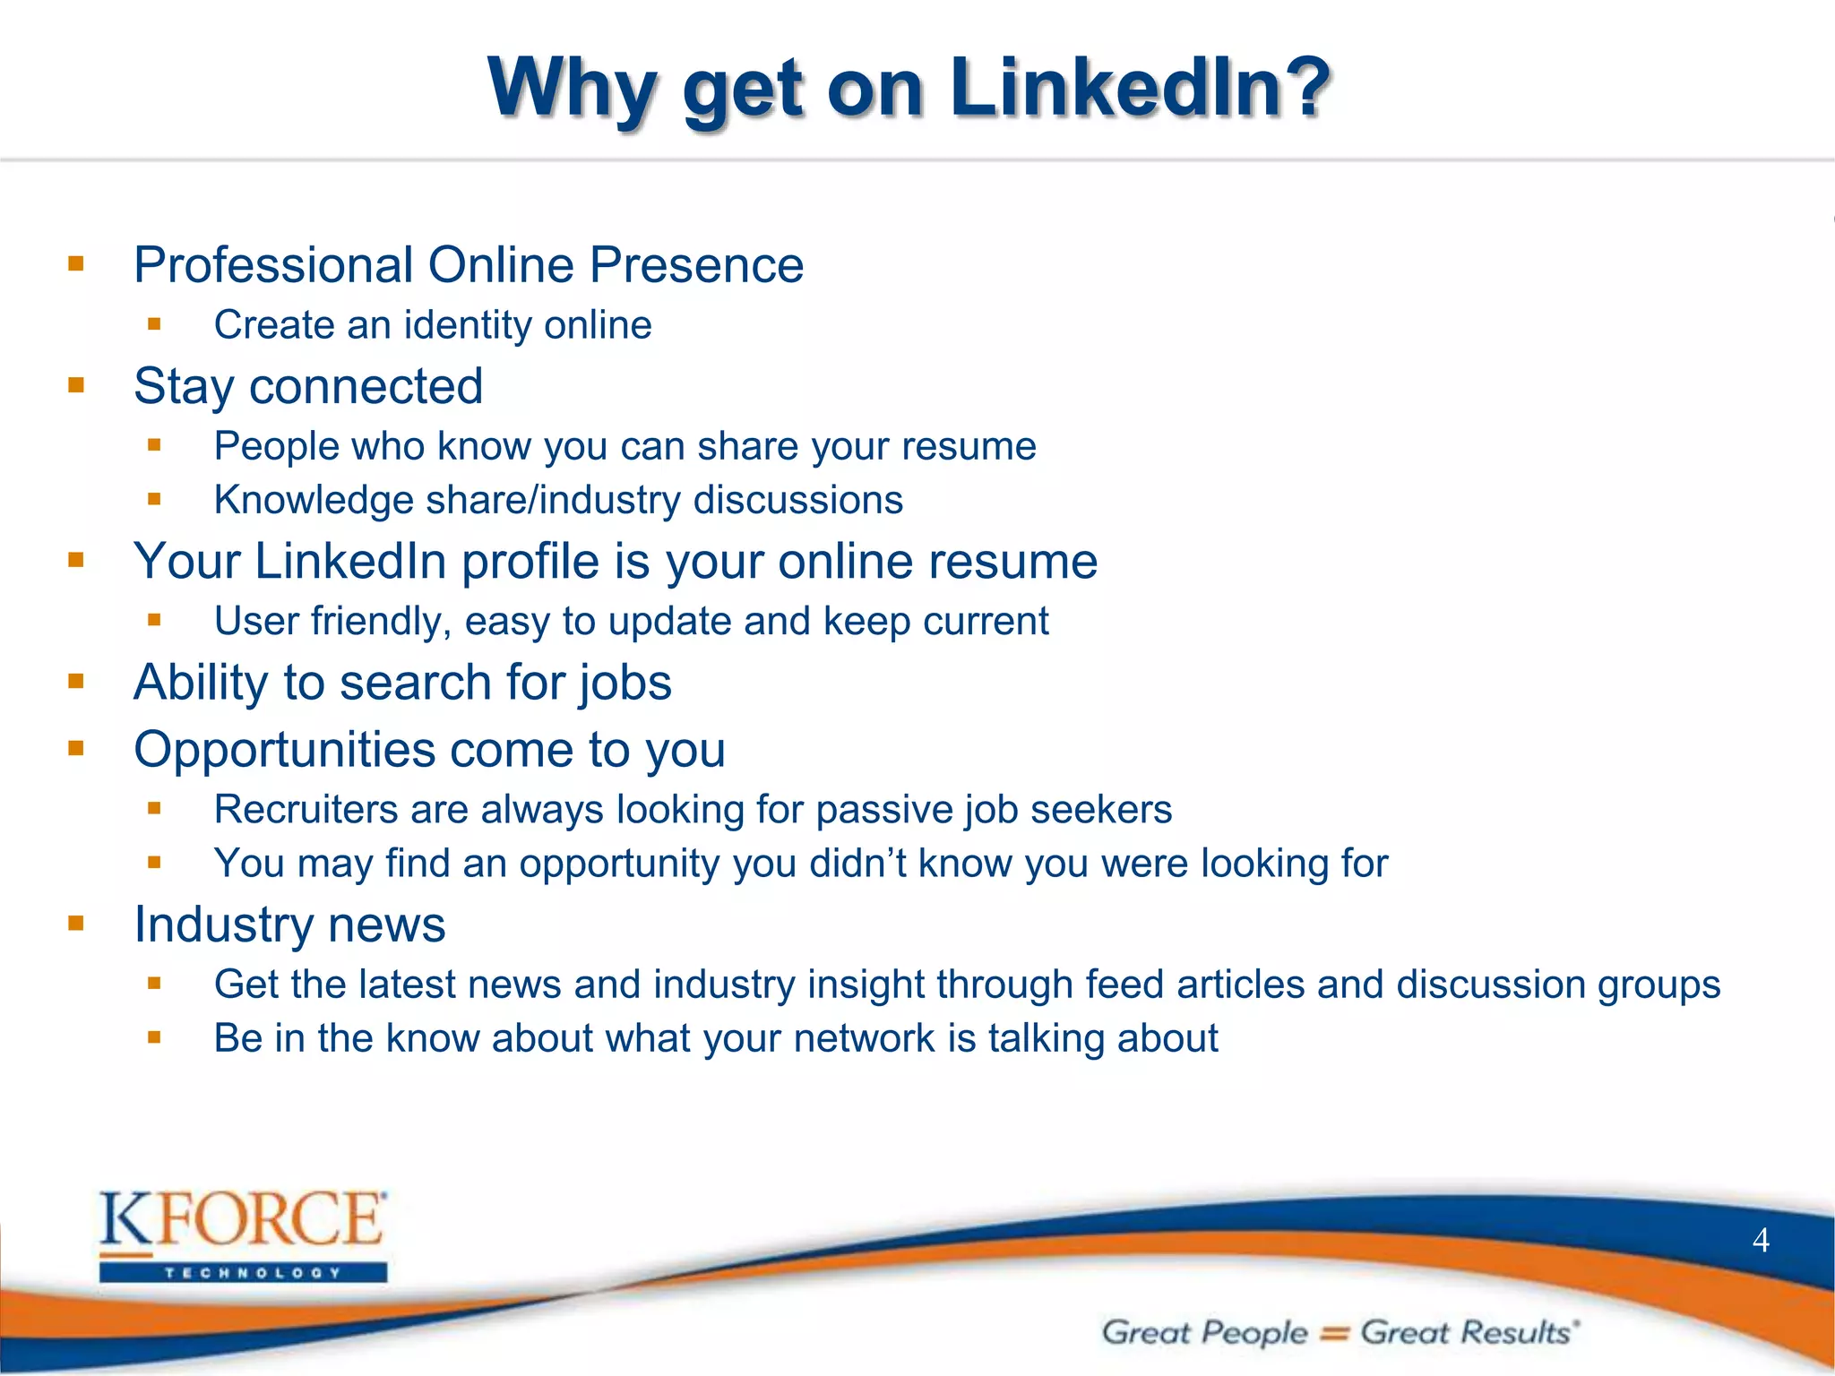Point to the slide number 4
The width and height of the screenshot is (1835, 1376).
pos(1761,1241)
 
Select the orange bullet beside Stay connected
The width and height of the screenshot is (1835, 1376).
pos(76,386)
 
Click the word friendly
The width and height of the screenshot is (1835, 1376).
pos(381,622)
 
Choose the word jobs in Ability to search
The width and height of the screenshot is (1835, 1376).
pos(625,684)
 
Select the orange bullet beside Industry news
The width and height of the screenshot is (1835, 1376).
pos(76,923)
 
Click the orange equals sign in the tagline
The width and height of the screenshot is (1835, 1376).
pos(1334,1334)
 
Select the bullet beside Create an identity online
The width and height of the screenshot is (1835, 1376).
pos(154,324)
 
